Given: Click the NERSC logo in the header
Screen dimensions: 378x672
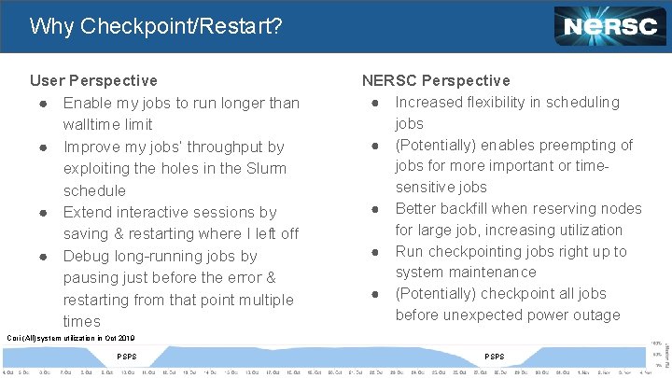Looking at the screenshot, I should point(609,26).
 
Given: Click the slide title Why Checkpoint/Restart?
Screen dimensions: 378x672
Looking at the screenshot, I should point(155,26).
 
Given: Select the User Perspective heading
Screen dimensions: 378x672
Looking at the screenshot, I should point(93,81).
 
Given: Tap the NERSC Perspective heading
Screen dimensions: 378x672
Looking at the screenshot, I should point(436,81).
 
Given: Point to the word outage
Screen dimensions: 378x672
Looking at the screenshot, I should point(595,315).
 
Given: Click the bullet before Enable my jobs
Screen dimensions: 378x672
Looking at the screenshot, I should point(43,103).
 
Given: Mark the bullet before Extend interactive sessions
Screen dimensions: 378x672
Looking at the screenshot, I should point(43,213).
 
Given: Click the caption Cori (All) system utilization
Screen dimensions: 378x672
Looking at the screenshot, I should point(71,338).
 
